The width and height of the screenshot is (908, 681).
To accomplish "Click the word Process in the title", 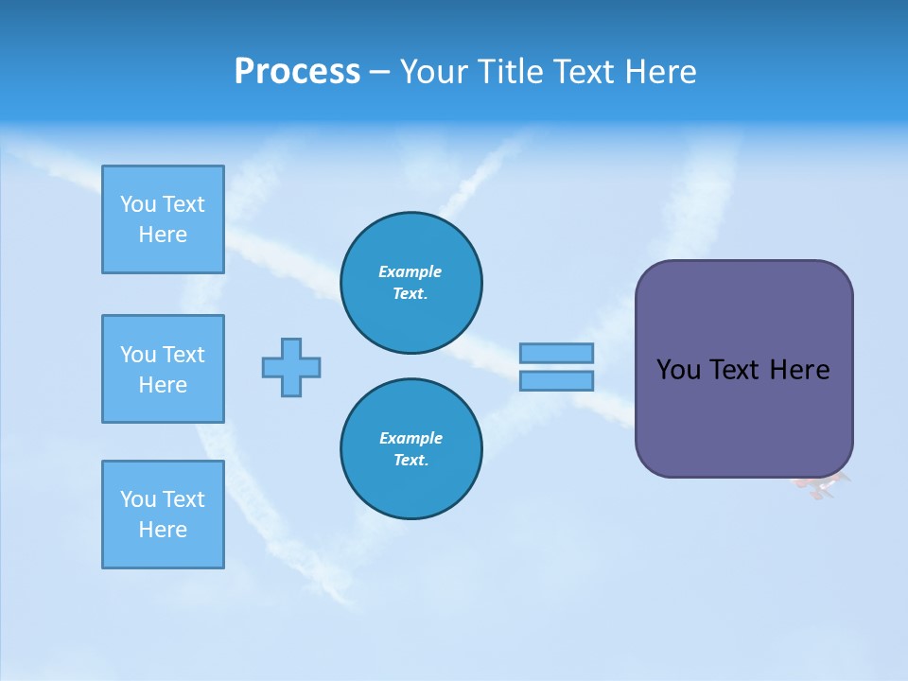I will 297,72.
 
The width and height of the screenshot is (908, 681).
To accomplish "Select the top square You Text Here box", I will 163,219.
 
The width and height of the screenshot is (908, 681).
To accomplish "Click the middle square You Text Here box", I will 163,369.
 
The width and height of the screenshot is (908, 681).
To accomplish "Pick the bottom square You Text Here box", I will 163,515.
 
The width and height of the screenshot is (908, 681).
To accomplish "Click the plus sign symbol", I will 291,367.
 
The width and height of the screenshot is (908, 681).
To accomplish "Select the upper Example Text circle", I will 410,283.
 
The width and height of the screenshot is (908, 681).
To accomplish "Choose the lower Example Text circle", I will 410,449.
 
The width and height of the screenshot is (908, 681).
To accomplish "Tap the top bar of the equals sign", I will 556,353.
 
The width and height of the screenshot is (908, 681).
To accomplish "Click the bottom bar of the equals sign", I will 556,380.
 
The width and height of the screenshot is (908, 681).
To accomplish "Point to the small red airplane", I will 821,486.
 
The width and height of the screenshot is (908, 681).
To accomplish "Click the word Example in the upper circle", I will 410,271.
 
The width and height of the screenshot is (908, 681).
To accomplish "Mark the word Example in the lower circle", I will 410,438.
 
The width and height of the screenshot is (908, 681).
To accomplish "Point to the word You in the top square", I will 138,204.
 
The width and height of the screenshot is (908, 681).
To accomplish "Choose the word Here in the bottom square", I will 163,530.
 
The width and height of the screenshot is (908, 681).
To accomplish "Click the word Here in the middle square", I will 163,385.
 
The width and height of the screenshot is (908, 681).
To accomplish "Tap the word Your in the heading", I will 434,72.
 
